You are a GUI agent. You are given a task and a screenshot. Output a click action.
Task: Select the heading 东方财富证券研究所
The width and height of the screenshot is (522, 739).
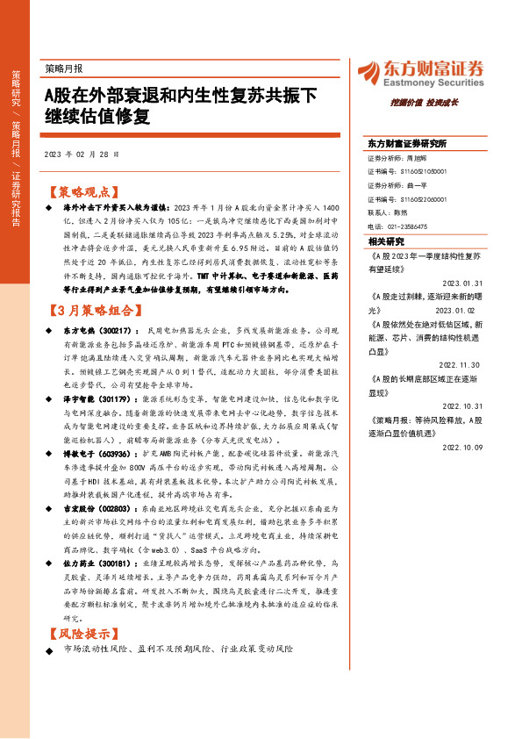[407, 143]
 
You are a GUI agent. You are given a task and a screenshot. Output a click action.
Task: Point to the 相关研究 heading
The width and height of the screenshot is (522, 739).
[386, 240]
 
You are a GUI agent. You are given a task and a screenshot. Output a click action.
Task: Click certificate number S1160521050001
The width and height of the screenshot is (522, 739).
[417, 173]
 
